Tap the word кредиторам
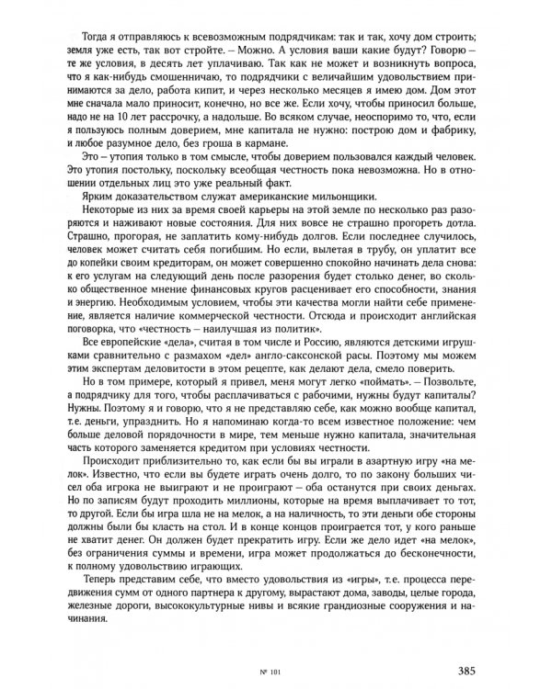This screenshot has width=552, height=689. tap(213, 287)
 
